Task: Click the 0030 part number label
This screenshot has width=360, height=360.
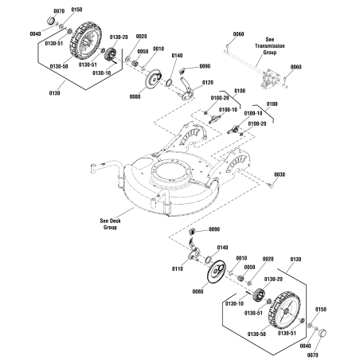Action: (x=279, y=174)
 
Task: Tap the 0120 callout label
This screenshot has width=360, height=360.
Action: (x=208, y=82)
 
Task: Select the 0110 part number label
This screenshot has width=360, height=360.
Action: (x=178, y=270)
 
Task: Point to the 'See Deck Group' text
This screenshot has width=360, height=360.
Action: (x=109, y=224)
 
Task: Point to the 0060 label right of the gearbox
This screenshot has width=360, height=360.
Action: (x=296, y=67)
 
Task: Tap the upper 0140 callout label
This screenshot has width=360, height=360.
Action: (x=177, y=56)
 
